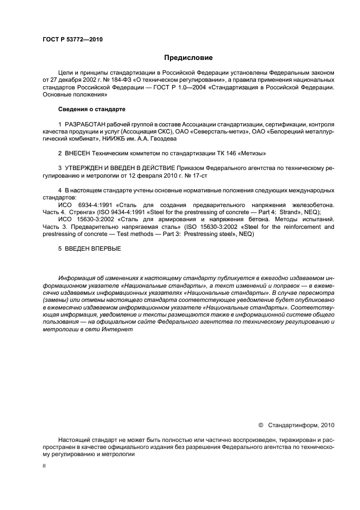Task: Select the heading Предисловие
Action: (x=188, y=57)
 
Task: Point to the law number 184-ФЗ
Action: (x=112, y=79)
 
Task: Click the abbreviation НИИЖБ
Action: (x=118, y=139)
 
